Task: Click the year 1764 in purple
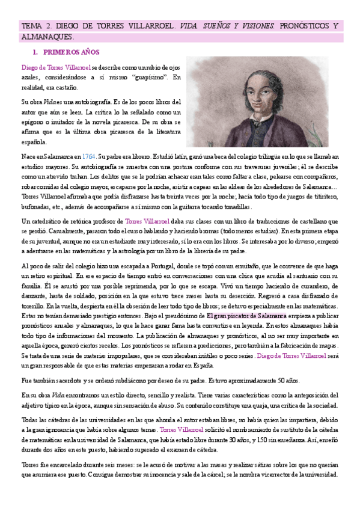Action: tap(90, 155)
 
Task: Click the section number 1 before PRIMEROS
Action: tap(35, 52)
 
